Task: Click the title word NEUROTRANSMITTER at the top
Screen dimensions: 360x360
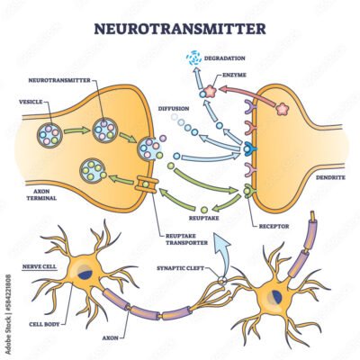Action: pyautogui.click(x=180, y=27)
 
